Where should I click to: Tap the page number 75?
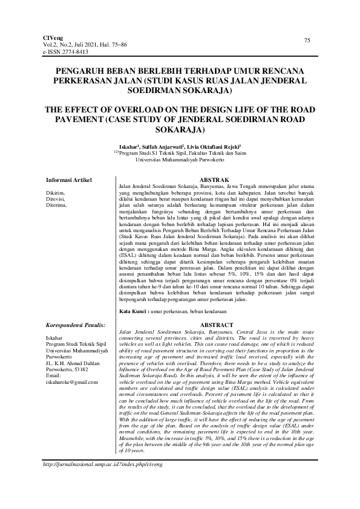[x=307, y=40]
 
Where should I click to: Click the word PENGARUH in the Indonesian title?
[x=82, y=70]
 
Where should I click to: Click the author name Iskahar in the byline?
[x=130, y=147]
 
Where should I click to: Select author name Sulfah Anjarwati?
[x=168, y=147]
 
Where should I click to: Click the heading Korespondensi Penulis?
[x=76, y=325]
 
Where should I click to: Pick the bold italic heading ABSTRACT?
[x=216, y=325]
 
